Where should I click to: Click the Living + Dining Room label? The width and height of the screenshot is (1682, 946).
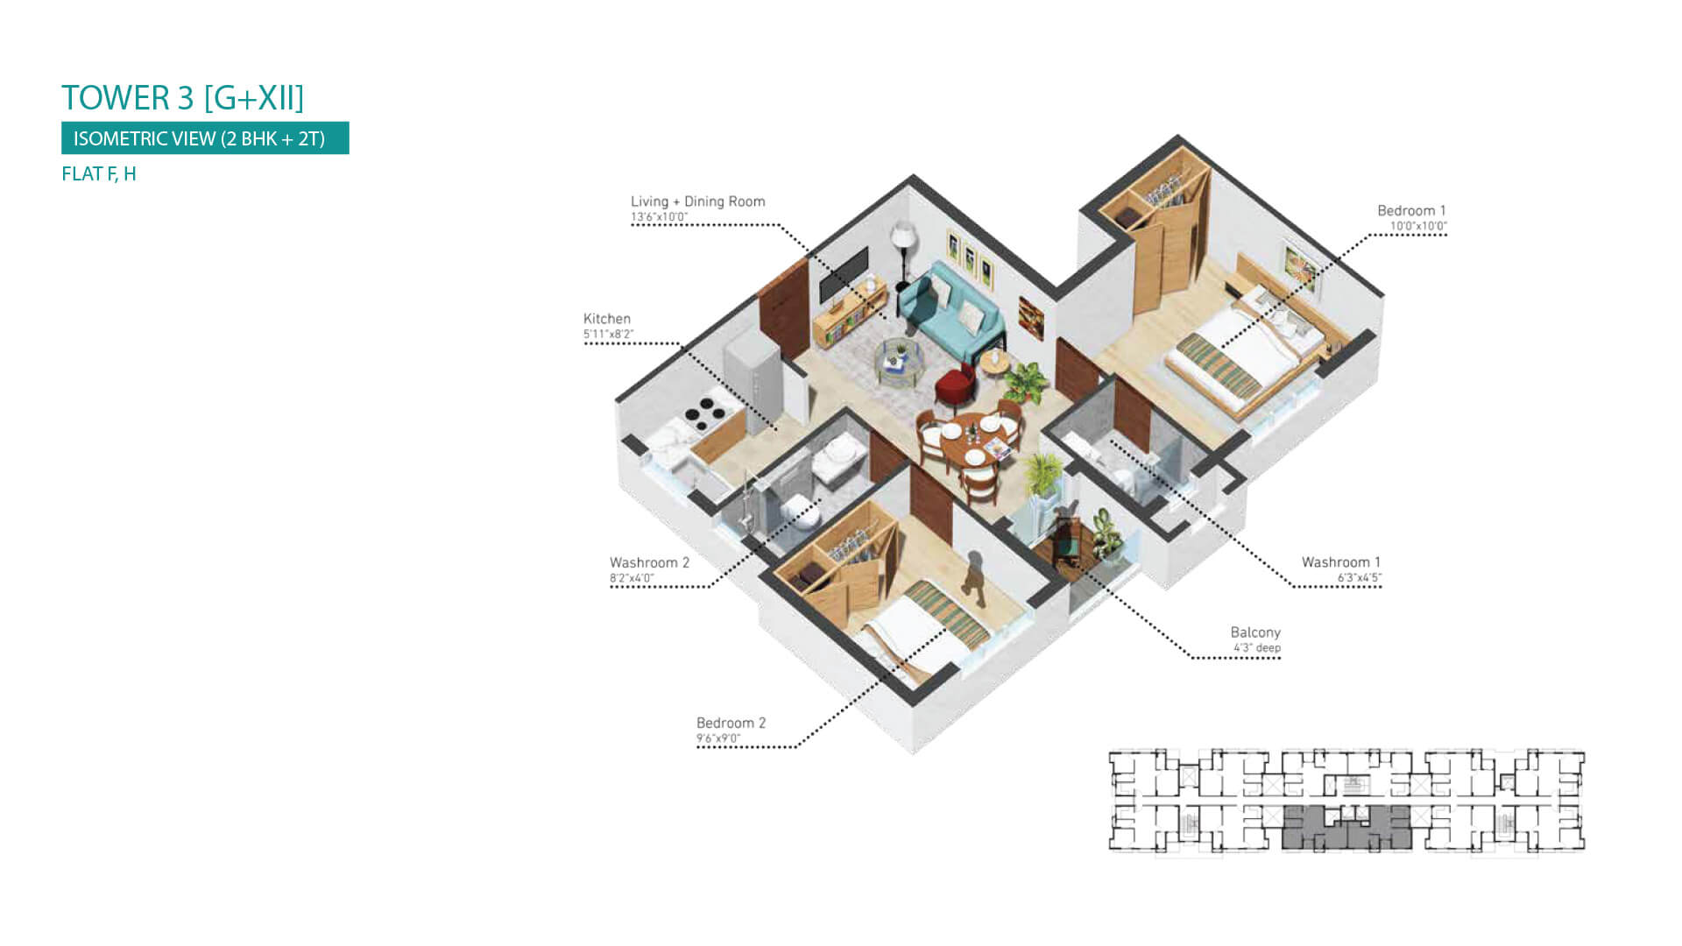coord(698,201)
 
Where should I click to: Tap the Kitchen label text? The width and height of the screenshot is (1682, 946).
coord(607,319)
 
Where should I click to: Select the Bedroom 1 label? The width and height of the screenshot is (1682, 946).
coord(1411,210)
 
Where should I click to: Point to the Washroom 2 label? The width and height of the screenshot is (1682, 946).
coord(649,562)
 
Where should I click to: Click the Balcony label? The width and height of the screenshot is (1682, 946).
coord(1255,632)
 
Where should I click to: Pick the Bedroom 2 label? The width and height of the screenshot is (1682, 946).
coord(731,723)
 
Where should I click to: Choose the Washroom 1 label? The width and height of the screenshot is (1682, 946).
coord(1340,562)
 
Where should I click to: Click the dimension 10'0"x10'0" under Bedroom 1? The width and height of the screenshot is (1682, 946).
coord(1418,226)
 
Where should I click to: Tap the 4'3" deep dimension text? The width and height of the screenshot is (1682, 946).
coord(1257,648)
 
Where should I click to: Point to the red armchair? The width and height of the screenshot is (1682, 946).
coord(955,385)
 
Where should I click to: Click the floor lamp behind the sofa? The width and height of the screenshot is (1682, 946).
coord(902,253)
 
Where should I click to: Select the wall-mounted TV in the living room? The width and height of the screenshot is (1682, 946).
coord(844,274)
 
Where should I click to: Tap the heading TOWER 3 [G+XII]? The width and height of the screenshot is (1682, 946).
coord(183,98)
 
